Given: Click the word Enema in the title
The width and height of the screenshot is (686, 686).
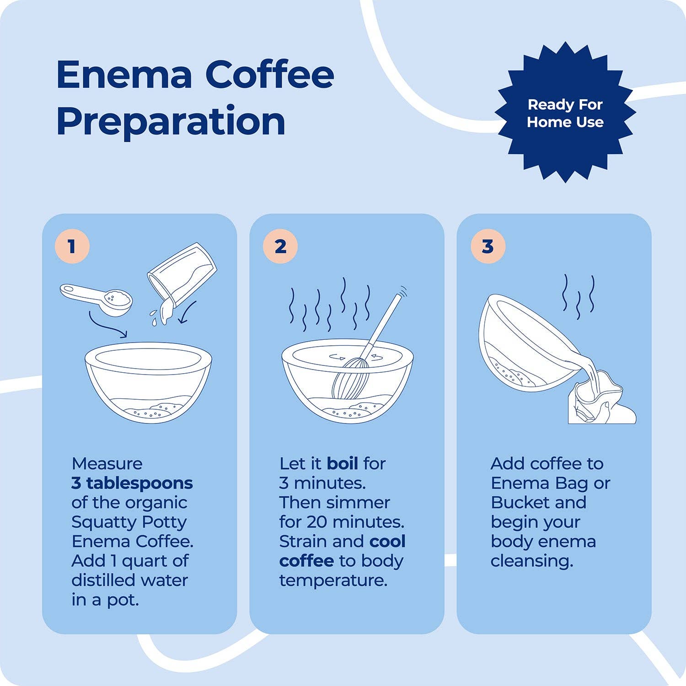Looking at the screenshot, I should [x=124, y=75].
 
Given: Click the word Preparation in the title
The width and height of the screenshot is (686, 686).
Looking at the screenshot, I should [x=171, y=121].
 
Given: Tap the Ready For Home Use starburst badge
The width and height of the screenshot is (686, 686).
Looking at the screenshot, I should [x=565, y=113].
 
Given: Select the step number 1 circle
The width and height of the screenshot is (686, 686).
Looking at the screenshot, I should [x=72, y=247].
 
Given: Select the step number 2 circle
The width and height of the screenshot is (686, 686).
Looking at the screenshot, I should [x=280, y=247].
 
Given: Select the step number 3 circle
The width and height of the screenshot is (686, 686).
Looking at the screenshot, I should [x=488, y=247].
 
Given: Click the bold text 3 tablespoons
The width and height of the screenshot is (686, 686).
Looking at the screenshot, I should [x=132, y=483].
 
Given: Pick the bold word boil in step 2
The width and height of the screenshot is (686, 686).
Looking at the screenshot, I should [x=342, y=464].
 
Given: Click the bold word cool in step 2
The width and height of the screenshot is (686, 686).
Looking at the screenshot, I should [x=387, y=541].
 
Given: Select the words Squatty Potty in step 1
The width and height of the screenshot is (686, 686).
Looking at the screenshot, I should [x=129, y=522].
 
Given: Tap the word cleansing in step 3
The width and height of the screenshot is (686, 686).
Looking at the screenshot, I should [x=531, y=561].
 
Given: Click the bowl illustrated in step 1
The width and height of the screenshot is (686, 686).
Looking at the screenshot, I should [x=149, y=382].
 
